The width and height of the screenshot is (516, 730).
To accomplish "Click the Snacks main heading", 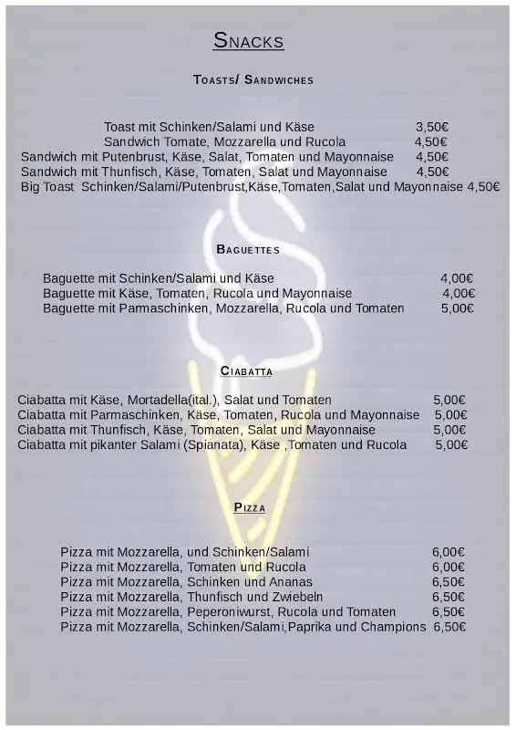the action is pyautogui.click(x=249, y=41).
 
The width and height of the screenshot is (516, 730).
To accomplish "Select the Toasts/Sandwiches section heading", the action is pyautogui.click(x=253, y=80).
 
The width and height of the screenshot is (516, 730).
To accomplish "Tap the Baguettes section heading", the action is pyautogui.click(x=248, y=249).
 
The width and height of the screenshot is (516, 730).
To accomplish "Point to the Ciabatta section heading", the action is pyautogui.click(x=247, y=370).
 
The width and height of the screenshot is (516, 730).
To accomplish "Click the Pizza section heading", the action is pyautogui.click(x=249, y=507).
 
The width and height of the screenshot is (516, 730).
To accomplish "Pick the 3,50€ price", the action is pyautogui.click(x=432, y=127).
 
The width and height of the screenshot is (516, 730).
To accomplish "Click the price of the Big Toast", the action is pyautogui.click(x=483, y=186).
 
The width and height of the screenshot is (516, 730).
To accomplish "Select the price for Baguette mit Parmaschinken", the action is pyautogui.click(x=457, y=308).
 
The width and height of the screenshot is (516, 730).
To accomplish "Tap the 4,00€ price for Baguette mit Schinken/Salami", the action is pyautogui.click(x=457, y=278).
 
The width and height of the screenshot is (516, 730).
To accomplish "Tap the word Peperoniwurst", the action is pyautogui.click(x=231, y=611).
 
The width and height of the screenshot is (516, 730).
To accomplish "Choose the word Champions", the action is pyautogui.click(x=393, y=627).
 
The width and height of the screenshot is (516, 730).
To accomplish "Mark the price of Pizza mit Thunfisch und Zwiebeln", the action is pyautogui.click(x=449, y=597).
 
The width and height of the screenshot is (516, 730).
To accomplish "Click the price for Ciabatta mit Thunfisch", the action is pyautogui.click(x=449, y=430).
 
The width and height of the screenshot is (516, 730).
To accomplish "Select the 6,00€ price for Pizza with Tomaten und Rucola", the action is pyautogui.click(x=449, y=567).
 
